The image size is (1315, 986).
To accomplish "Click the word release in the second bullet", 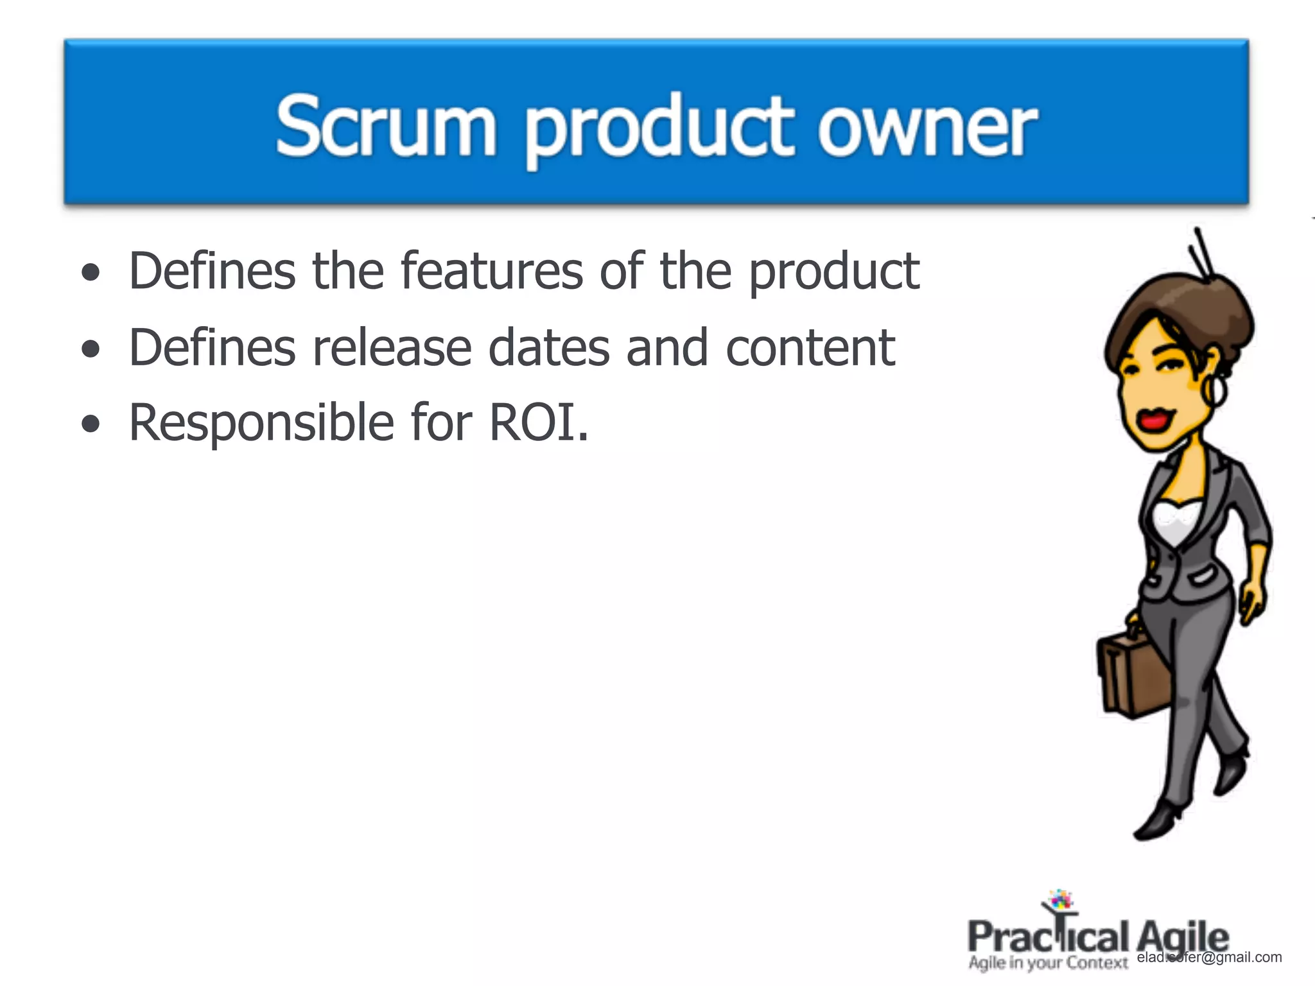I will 391,347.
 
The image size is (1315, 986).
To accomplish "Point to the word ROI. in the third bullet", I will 538,422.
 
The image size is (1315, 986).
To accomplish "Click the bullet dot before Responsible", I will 91,424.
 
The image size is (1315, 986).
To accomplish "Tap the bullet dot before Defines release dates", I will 91,349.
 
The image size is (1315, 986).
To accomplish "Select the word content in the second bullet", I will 810,347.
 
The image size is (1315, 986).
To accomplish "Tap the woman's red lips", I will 1154,420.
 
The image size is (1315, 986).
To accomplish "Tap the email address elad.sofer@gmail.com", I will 1209,957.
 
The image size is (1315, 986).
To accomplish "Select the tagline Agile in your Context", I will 1048,963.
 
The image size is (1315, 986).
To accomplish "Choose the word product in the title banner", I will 661,128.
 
